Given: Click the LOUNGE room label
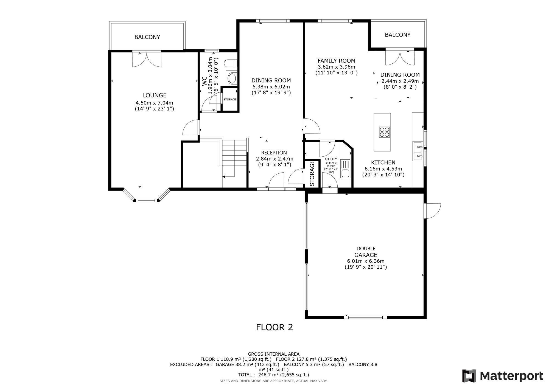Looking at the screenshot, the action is click(x=154, y=95).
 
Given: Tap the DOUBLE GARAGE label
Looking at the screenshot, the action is click(x=366, y=252).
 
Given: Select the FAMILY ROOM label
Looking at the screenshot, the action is click(x=336, y=61).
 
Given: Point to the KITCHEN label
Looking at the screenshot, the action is click(x=383, y=162).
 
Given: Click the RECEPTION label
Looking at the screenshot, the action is click(x=274, y=153).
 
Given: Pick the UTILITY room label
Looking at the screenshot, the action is click(x=331, y=159).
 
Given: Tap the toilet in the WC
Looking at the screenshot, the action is click(x=231, y=64).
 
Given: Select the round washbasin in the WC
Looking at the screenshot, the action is click(x=232, y=78).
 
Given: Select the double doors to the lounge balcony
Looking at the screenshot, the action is click(x=147, y=59).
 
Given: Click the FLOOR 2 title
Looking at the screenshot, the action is click(x=274, y=327).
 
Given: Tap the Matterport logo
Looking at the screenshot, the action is click(x=503, y=376).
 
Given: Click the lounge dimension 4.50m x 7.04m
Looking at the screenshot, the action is click(x=154, y=103).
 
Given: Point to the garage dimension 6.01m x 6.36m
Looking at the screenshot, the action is click(x=366, y=261).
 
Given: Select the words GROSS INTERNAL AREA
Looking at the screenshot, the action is click(x=274, y=354).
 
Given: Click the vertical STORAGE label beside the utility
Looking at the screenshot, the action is click(x=312, y=174).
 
